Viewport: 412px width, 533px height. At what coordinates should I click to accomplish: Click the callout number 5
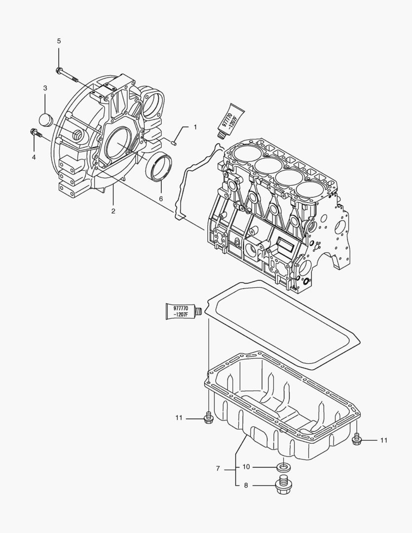tap(59, 40)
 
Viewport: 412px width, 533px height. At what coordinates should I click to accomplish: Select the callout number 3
tap(45, 88)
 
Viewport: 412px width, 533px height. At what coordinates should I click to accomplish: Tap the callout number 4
tap(34, 157)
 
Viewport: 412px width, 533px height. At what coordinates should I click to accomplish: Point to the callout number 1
tap(194, 127)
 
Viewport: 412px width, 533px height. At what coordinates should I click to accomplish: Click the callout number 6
tap(161, 198)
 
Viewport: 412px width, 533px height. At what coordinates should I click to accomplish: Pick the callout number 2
tap(113, 211)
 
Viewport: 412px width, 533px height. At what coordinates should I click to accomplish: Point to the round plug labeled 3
tap(45, 120)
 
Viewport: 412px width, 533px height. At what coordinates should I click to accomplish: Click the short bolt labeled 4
tap(36, 133)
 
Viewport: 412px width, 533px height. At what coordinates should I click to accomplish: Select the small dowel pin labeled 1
tap(175, 143)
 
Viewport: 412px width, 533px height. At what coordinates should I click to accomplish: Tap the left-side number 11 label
tap(179, 418)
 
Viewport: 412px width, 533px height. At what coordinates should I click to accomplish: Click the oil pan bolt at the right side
tap(357, 438)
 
